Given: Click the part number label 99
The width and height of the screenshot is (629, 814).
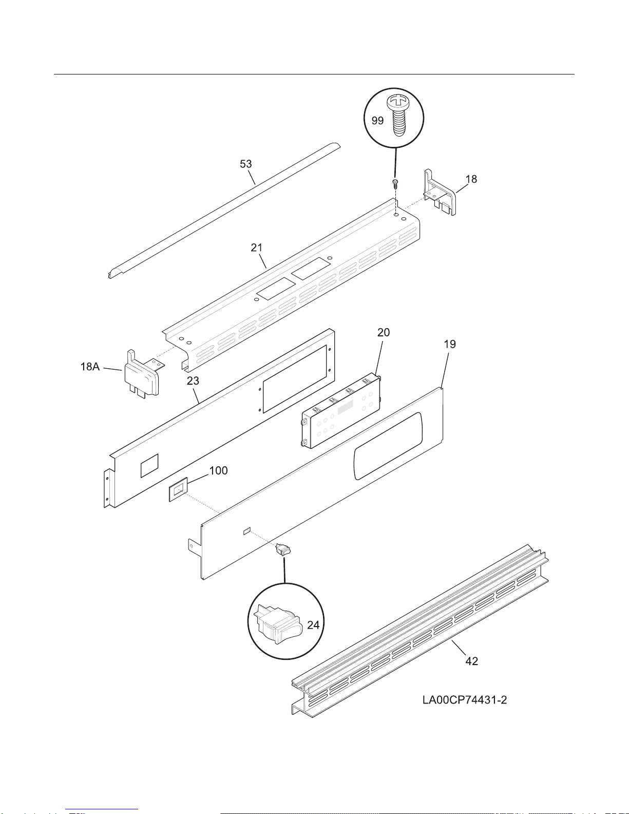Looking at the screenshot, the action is (x=377, y=121).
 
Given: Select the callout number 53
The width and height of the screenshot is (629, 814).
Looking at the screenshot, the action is (x=245, y=164).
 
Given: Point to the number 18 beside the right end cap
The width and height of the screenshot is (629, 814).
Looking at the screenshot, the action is (x=471, y=179).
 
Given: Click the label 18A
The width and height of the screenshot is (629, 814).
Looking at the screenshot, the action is (x=90, y=366).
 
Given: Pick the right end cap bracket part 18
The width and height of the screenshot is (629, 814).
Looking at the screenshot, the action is (x=440, y=193).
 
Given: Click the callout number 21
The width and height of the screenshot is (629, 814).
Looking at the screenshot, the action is (x=256, y=248).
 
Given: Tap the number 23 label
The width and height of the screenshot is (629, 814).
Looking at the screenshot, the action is (x=193, y=381).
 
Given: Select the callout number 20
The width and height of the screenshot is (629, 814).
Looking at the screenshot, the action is (x=384, y=332).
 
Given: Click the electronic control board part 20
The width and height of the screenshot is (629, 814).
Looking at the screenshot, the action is (x=341, y=410).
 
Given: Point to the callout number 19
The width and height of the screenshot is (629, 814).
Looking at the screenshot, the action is (x=450, y=344).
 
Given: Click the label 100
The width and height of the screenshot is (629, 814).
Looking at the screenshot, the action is (x=218, y=470).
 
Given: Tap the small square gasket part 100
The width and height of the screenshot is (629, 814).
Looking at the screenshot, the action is (x=178, y=490).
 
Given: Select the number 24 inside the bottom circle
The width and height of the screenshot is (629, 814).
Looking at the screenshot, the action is (x=313, y=625).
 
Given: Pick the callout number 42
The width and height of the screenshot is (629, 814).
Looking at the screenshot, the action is (x=472, y=661).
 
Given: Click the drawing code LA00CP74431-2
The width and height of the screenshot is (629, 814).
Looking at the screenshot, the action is (x=465, y=700).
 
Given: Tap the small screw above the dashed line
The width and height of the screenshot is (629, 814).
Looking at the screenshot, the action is (x=395, y=183).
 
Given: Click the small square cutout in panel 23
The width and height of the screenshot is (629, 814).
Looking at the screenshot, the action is (x=149, y=466).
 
